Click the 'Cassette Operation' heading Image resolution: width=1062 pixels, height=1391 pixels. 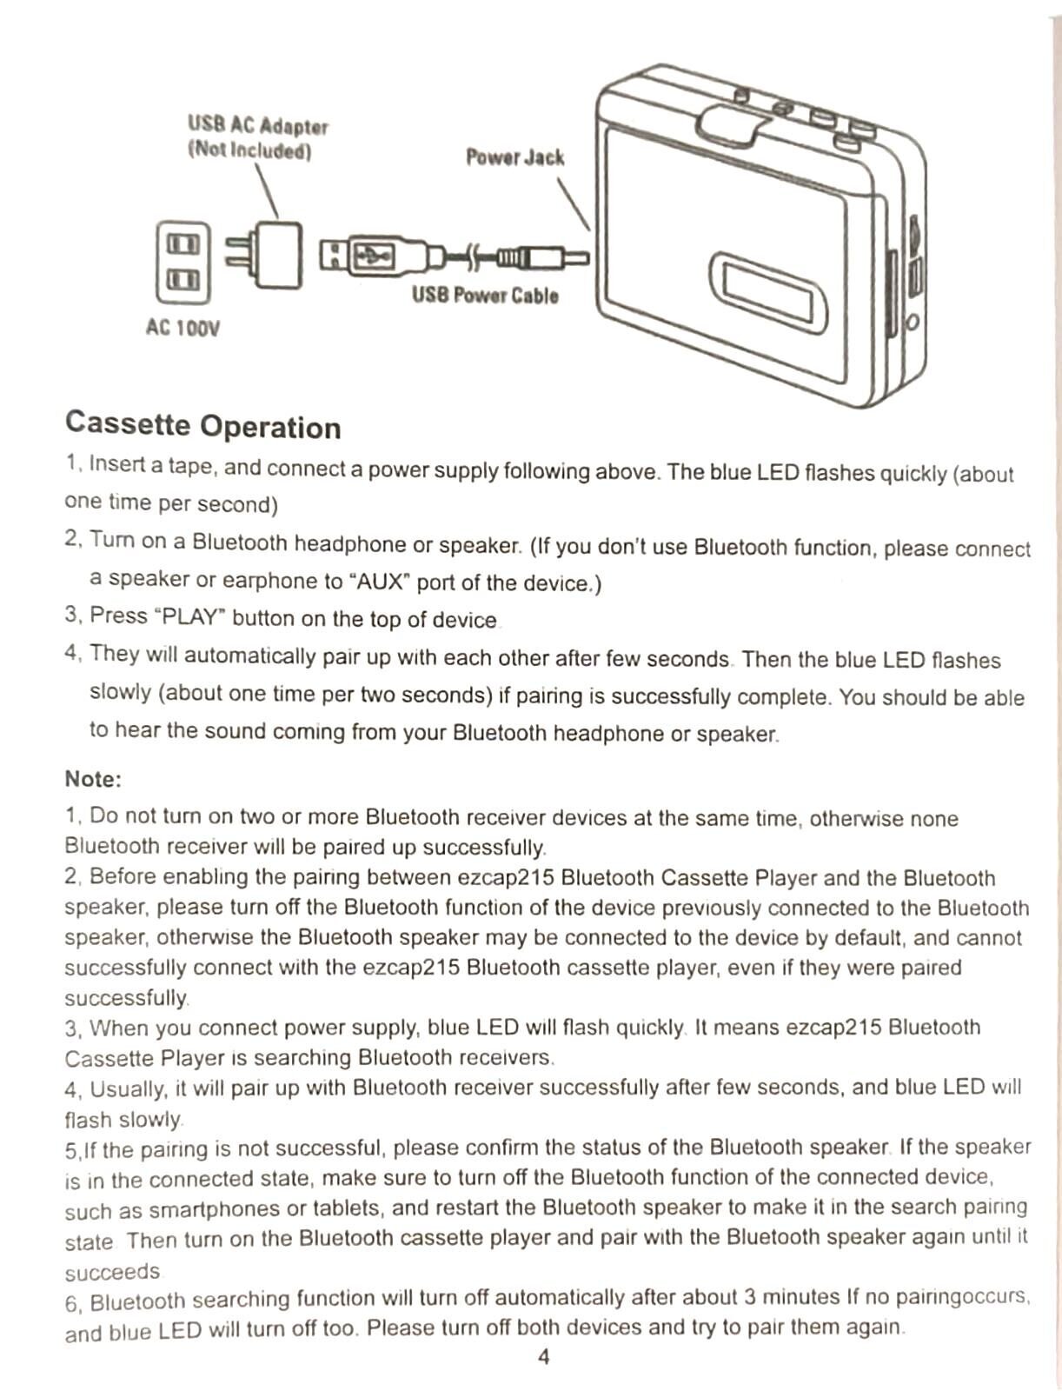click(x=202, y=425)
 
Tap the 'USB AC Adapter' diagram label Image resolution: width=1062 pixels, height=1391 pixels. click(x=258, y=126)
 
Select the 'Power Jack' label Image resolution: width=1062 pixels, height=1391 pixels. click(x=514, y=157)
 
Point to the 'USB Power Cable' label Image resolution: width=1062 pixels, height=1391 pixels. click(x=485, y=296)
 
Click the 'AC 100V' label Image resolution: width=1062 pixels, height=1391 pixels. click(x=183, y=329)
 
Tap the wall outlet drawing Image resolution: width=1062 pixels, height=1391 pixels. click(x=183, y=262)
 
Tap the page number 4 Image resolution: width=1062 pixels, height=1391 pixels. click(x=544, y=1357)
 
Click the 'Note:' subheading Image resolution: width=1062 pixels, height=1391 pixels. click(x=93, y=779)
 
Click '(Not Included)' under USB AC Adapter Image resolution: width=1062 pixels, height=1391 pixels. click(x=249, y=150)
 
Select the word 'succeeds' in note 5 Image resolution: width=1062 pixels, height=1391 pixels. click(x=112, y=1272)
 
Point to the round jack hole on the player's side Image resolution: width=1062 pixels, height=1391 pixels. click(x=912, y=323)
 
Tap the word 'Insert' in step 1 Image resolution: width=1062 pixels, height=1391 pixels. click(x=117, y=464)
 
